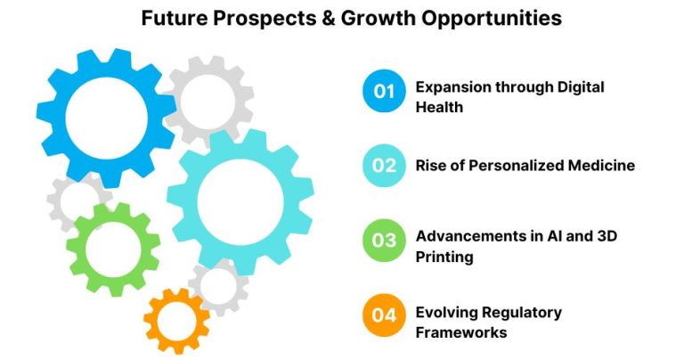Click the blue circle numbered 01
point(384,91)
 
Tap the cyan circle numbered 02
point(384,165)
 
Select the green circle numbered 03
point(384,240)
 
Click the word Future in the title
point(173,18)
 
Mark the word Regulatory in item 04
point(521,312)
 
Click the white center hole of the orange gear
point(177,319)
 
